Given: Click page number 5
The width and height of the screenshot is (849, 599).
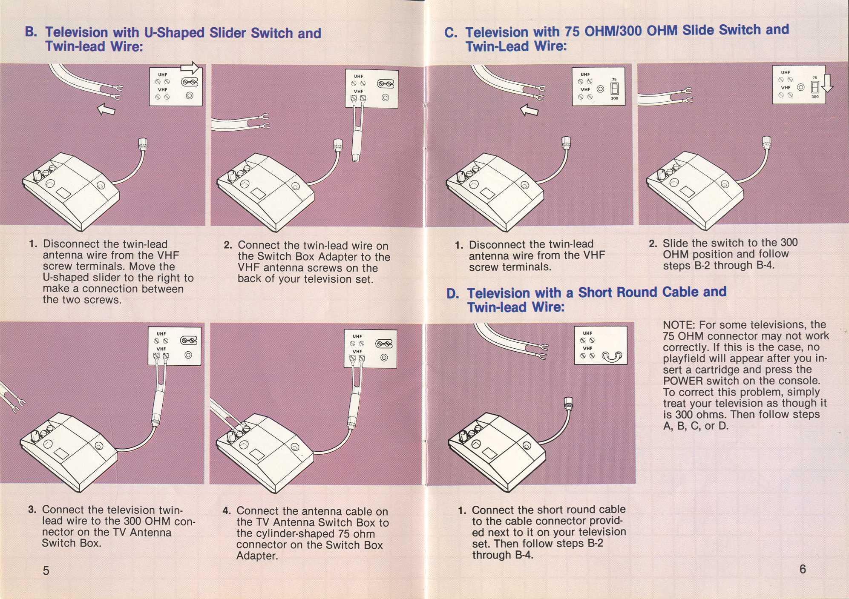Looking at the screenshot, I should coord(46,570).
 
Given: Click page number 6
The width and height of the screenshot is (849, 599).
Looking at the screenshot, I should coord(803,569).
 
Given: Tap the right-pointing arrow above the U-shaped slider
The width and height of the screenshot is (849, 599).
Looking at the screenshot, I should coord(190,68).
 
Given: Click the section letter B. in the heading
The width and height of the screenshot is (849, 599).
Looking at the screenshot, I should coord(31,32).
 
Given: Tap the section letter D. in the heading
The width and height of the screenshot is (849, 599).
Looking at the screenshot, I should coord(452,294).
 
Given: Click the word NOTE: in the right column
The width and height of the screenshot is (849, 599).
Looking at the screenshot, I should coord(679,325).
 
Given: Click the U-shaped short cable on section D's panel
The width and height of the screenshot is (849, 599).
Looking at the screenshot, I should coord(612,356).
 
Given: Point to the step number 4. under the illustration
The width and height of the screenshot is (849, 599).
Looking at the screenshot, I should coord(227,511).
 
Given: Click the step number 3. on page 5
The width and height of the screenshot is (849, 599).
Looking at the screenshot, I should coord(32,510).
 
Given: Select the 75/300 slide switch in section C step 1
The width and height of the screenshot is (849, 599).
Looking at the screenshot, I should coord(614,89).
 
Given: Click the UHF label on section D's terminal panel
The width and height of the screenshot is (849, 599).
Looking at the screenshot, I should coord(587,333).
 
